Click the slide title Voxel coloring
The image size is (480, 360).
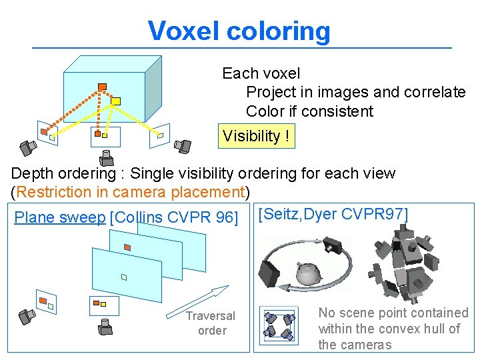(x=239, y=31)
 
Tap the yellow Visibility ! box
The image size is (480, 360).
(x=256, y=136)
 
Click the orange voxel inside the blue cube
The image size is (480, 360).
(x=102, y=86)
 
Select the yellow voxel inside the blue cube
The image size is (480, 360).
(x=115, y=101)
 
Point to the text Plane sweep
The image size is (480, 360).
(x=59, y=217)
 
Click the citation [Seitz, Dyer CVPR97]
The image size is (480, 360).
(x=333, y=213)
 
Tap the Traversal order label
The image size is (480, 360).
(x=211, y=323)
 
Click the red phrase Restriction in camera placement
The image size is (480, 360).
(x=130, y=192)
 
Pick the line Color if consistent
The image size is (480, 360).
(x=309, y=111)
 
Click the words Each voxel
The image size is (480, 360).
(x=261, y=73)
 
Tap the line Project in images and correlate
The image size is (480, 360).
(x=355, y=92)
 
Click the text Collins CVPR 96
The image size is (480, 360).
(x=175, y=217)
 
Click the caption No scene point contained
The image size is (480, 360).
(x=393, y=313)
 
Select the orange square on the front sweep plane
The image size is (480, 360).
(x=127, y=247)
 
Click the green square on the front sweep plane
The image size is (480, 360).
(x=124, y=277)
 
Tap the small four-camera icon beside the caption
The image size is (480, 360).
(x=279, y=325)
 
